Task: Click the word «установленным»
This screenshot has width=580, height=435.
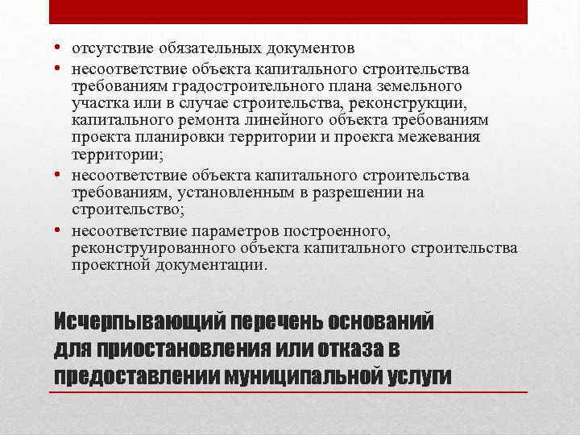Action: tap(216, 193)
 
